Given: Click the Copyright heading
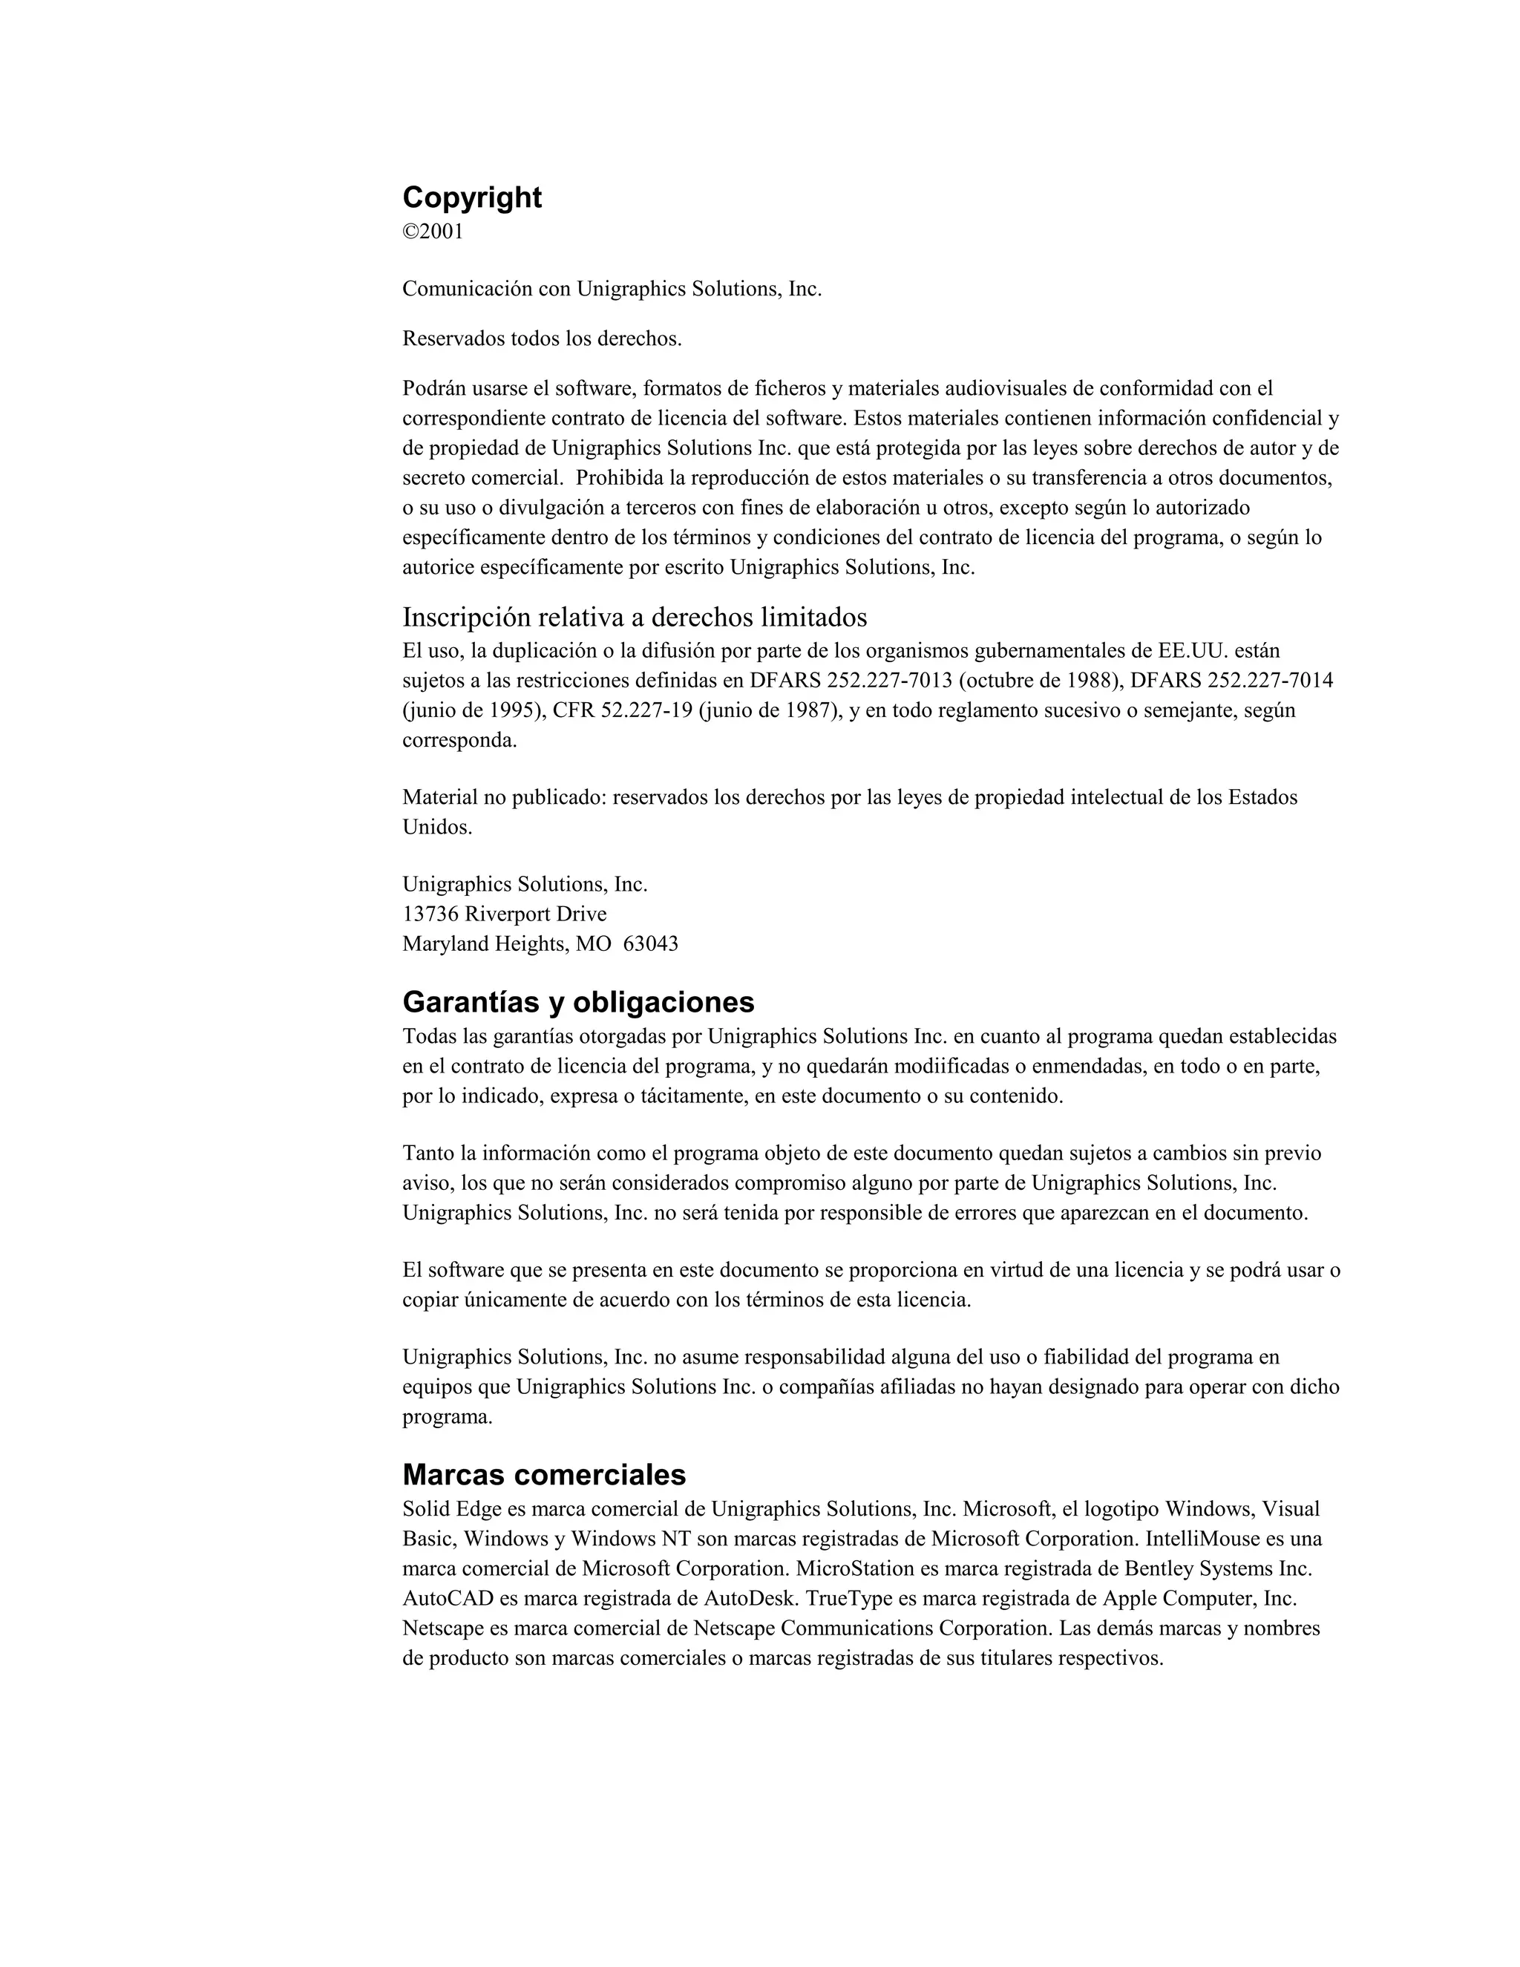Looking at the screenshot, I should click(x=472, y=197).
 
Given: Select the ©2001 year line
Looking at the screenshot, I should click(x=433, y=232).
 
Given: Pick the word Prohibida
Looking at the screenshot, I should click(x=617, y=477).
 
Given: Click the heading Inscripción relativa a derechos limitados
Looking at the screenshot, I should click(x=635, y=618).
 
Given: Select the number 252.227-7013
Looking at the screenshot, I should click(x=888, y=680).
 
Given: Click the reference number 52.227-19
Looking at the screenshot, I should click(x=646, y=710).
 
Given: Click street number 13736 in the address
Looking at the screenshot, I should click(x=430, y=914).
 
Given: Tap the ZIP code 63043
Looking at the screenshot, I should click(x=651, y=944).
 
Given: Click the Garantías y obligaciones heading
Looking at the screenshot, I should click(x=578, y=1001).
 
